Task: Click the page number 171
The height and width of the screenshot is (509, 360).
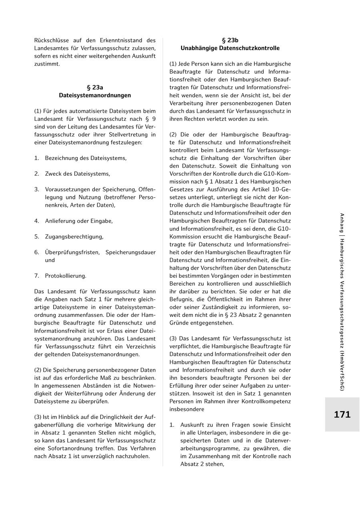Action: click(x=342, y=415)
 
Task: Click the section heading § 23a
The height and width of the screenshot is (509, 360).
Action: click(x=95, y=87)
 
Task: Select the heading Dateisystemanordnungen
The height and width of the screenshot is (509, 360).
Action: click(x=95, y=95)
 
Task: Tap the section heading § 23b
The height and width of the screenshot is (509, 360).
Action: click(x=230, y=40)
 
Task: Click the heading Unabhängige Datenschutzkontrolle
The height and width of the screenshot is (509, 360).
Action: click(x=230, y=48)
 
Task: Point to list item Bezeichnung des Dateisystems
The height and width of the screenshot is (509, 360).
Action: click(x=86, y=158)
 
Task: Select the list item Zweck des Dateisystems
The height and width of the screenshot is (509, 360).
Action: click(x=77, y=174)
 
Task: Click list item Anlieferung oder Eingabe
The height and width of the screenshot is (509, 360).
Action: click(x=79, y=221)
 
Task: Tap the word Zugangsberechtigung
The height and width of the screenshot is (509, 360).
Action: click(x=74, y=236)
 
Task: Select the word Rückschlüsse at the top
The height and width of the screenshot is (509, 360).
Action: click(x=51, y=40)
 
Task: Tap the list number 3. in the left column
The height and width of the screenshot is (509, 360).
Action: click(x=37, y=189)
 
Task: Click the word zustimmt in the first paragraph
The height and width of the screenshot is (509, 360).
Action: click(x=46, y=64)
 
